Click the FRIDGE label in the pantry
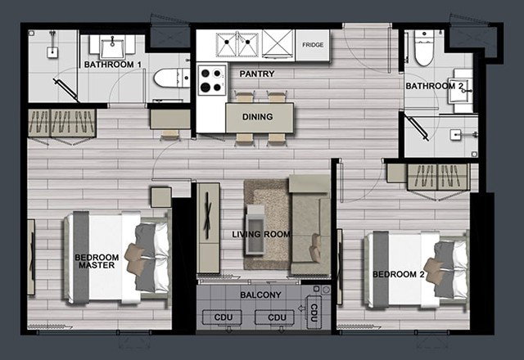coord(313,45)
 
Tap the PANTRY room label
coord(257,74)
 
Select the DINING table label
coord(257,117)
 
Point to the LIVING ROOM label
coord(261,235)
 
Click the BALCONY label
coord(260,295)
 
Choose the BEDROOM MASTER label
coord(97,262)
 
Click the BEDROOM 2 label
coord(399,275)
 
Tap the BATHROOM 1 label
coord(113,65)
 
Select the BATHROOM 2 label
coord(435,86)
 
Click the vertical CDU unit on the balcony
coord(314,313)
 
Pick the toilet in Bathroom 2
coord(424,48)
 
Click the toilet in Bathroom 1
coord(171,78)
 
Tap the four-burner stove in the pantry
coord(211,80)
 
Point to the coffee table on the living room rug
coord(255,230)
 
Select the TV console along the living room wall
coord(208,228)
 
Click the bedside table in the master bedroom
coord(161,197)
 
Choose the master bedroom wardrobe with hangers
coord(62,123)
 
